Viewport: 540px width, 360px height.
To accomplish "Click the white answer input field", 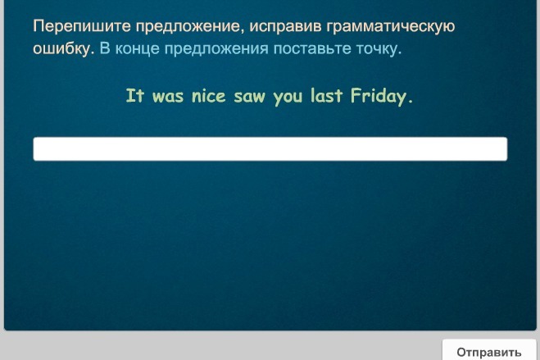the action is (x=270, y=148).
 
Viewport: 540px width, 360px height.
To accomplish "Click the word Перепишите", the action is (x=82, y=26).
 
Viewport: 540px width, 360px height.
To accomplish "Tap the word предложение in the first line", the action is (x=187, y=27).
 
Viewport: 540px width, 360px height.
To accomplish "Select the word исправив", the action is (x=285, y=27).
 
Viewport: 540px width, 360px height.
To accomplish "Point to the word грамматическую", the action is (x=390, y=27).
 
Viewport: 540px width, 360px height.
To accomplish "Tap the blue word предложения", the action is (x=216, y=49).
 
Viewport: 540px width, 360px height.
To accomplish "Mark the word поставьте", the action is (x=312, y=49).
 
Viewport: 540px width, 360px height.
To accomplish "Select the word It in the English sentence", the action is (x=134, y=95).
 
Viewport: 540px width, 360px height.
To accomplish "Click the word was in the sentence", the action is (x=168, y=97).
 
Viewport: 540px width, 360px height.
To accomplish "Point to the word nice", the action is (x=208, y=96).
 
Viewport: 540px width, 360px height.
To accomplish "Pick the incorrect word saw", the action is (x=250, y=97).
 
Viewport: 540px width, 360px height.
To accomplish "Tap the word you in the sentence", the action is (x=288, y=98).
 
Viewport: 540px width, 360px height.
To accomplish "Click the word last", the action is (x=326, y=95).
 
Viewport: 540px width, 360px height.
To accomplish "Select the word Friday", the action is (x=379, y=97).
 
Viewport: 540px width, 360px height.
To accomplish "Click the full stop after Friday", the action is (x=410, y=102).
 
